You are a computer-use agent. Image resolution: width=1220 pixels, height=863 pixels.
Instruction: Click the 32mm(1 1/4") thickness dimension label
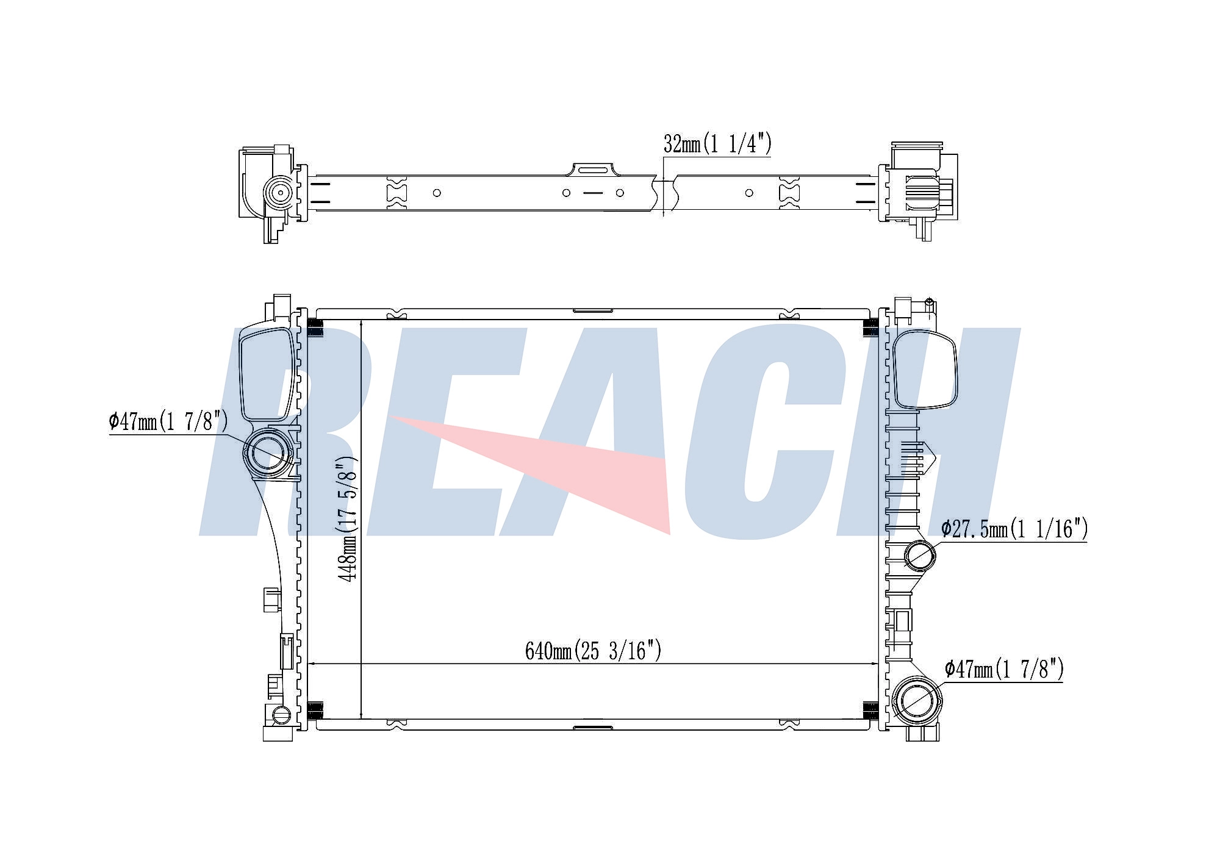pos(717,144)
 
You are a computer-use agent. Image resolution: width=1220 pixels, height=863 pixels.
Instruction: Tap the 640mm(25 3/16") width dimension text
pos(593,651)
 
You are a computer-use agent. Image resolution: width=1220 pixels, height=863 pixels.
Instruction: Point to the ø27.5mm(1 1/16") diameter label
pos(1014,529)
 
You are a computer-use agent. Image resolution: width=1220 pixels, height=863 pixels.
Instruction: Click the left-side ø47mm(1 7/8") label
pos(168,421)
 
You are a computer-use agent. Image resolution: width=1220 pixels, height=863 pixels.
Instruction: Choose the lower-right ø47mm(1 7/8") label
pos(1004,669)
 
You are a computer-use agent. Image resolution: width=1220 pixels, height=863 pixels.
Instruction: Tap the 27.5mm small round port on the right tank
pos(919,554)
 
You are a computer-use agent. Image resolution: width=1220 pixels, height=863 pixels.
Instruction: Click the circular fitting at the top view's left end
pos(279,193)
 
